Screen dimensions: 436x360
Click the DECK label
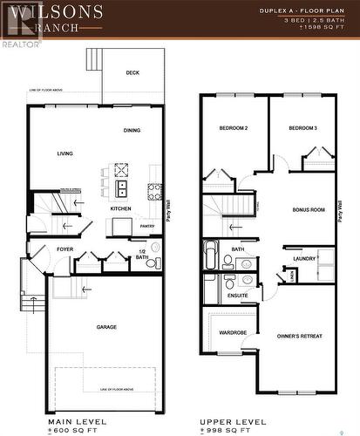(x=132, y=73)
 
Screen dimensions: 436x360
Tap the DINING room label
(x=132, y=131)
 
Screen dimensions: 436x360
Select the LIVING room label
(x=65, y=153)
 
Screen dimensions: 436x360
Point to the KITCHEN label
(x=121, y=209)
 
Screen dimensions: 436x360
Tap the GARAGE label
(x=106, y=327)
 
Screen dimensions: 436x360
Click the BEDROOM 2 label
(x=234, y=129)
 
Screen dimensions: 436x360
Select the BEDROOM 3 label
(x=302, y=129)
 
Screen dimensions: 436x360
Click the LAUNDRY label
(x=304, y=259)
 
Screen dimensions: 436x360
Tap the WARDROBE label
(x=233, y=332)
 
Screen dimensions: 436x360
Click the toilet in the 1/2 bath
(x=151, y=262)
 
